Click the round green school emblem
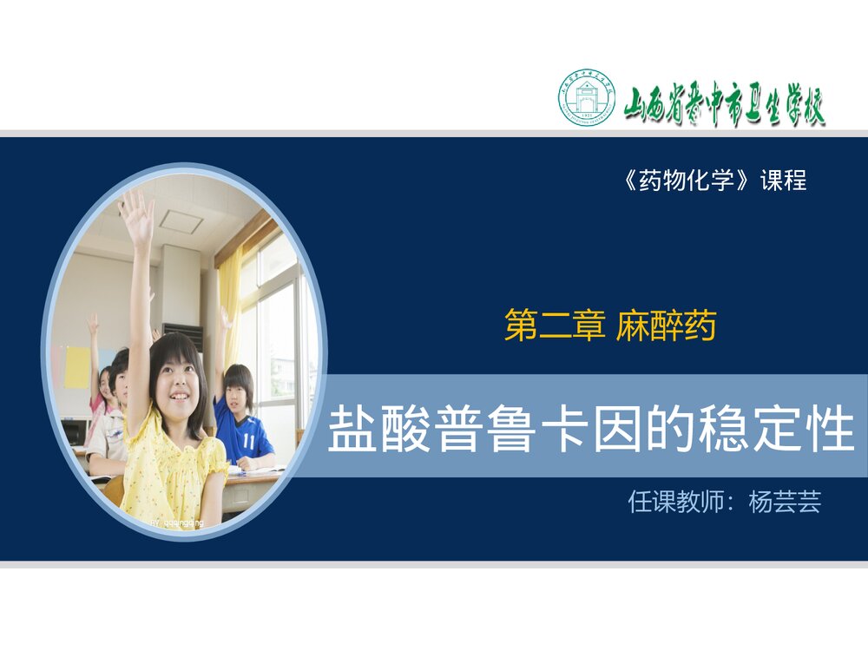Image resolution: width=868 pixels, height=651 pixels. [587, 97]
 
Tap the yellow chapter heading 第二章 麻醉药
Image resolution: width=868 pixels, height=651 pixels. [609, 327]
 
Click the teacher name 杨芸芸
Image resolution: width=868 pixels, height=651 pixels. [785, 502]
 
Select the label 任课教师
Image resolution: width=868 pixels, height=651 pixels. [675, 502]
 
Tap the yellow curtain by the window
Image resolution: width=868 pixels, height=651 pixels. [229, 304]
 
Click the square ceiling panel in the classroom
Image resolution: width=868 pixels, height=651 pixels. [181, 221]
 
